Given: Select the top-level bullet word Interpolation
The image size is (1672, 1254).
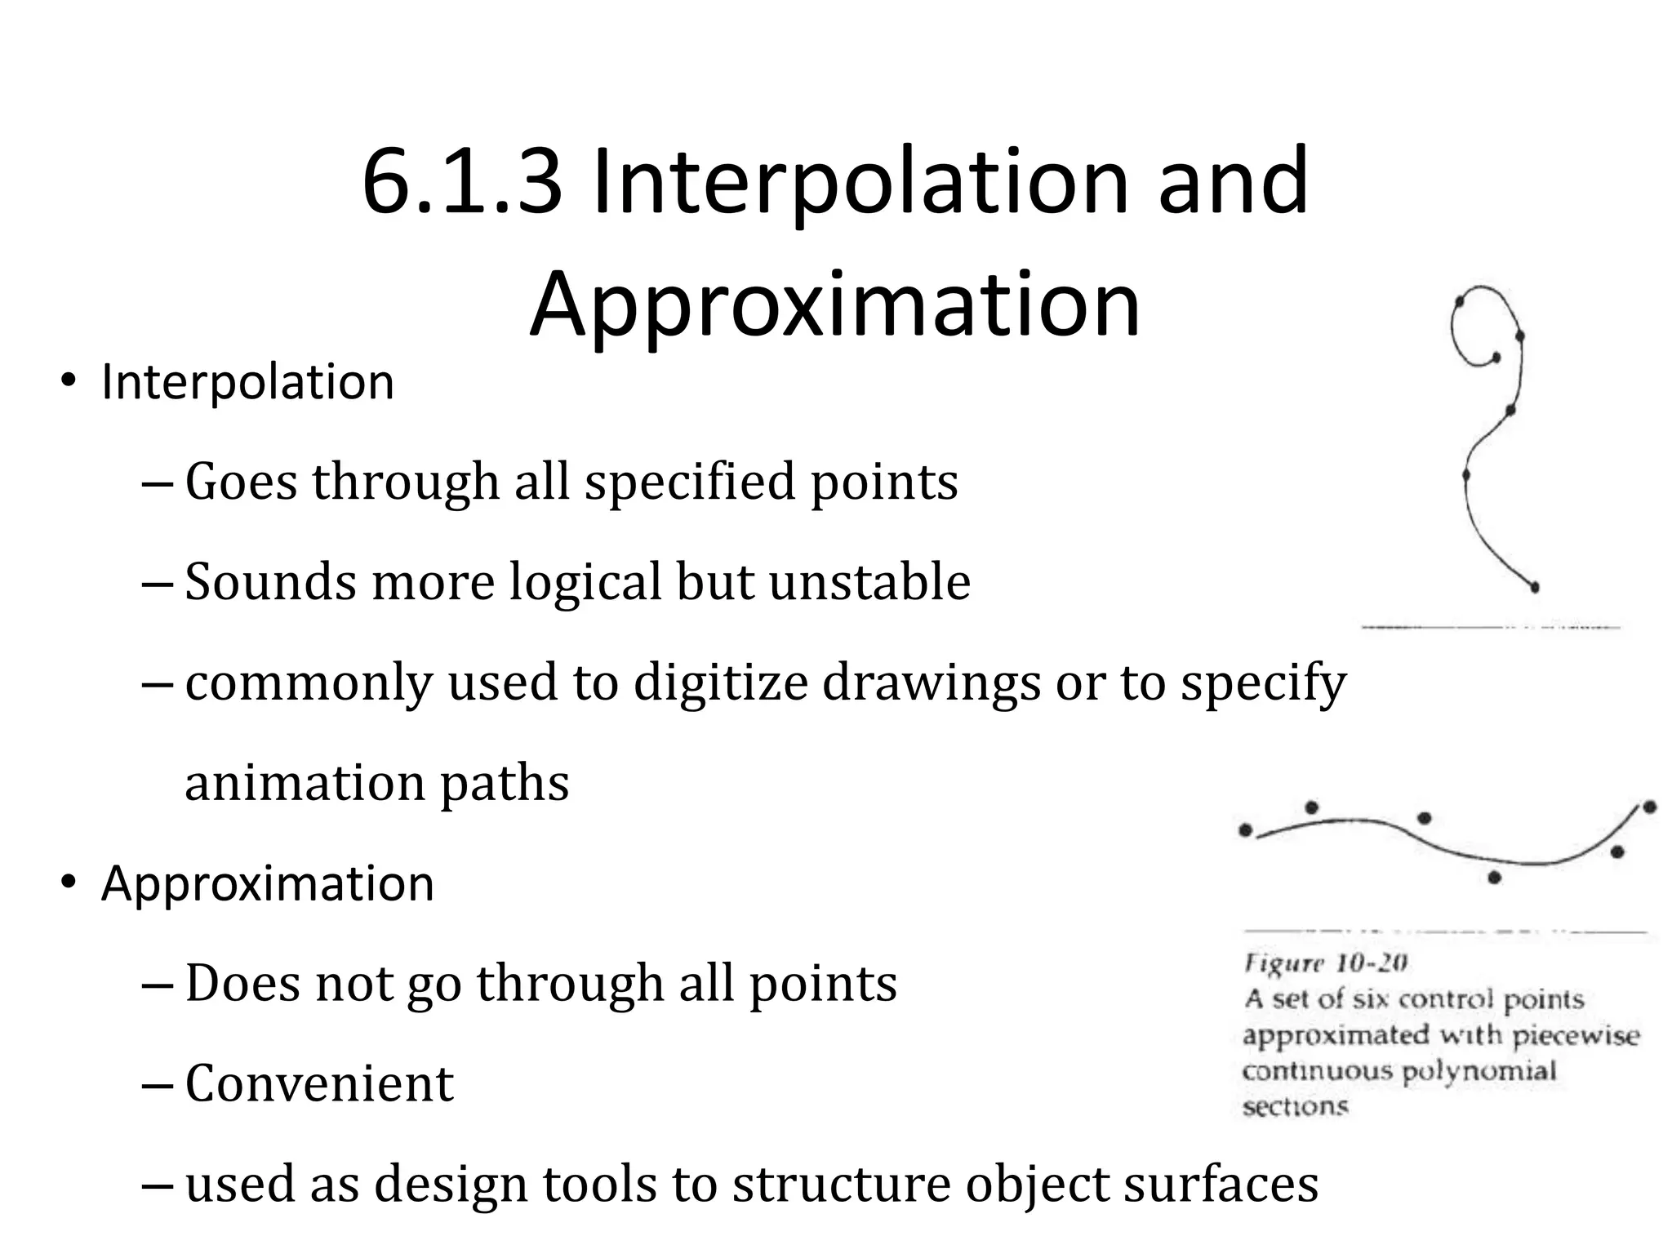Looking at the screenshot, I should click(247, 382).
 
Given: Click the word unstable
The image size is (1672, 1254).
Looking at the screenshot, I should click(869, 581).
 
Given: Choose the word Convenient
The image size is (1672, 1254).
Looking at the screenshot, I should click(319, 1084).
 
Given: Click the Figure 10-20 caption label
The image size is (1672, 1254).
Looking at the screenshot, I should click(1325, 963).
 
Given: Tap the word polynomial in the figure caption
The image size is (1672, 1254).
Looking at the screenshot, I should click(1479, 1070).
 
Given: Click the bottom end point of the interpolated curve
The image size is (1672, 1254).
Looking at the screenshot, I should click(1535, 587).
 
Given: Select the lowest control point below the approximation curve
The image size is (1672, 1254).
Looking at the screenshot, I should click(1494, 878).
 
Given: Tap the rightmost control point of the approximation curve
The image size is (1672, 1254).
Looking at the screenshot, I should click(1649, 807).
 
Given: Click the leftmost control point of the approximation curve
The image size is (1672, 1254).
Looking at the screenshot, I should click(1246, 830).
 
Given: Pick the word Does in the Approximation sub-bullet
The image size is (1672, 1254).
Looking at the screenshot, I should click(242, 983).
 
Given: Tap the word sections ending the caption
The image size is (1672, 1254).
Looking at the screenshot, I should click(1295, 1106).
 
